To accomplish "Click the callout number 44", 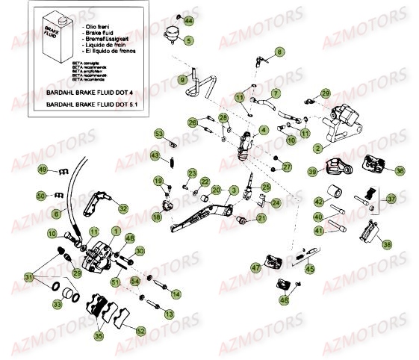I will [188, 19].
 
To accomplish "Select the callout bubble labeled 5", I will [188, 40].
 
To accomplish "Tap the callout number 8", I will [280, 52].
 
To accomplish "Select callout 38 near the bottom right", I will [386, 243].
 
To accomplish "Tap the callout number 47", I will [255, 267].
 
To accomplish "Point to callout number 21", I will [261, 218].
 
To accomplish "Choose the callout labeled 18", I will [157, 217].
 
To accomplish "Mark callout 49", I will [43, 170].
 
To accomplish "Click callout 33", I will [57, 304].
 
